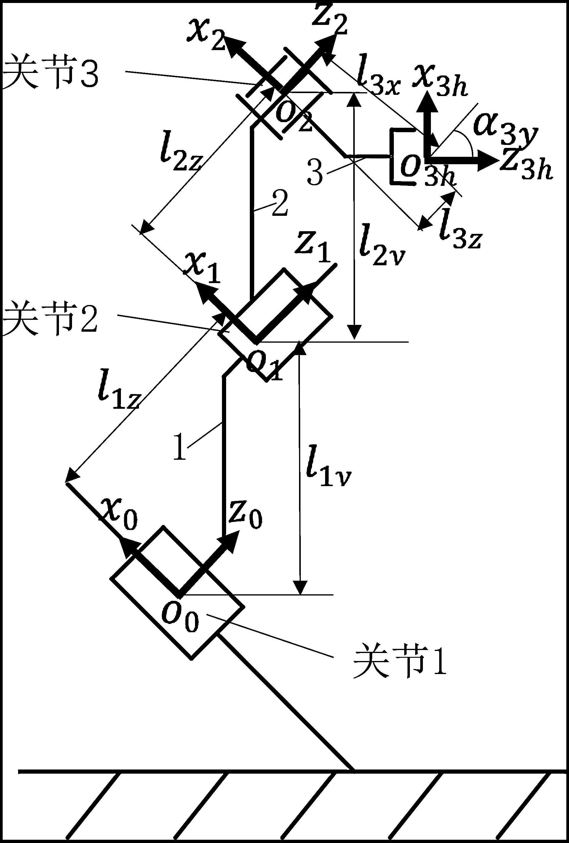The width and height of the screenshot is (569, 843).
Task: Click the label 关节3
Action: [x=50, y=72]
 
